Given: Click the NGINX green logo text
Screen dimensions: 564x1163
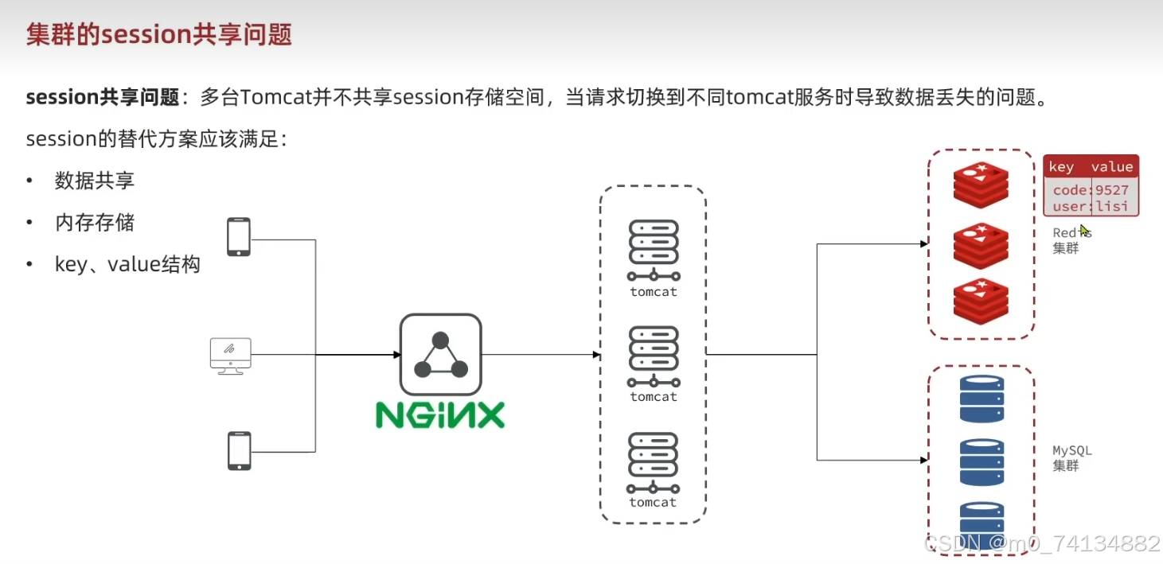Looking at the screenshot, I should coord(440,414).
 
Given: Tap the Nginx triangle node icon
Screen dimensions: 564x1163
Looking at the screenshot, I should coord(440,355).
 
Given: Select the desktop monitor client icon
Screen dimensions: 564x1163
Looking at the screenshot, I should coord(230,355).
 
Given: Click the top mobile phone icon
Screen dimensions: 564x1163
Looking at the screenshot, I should coord(238,237).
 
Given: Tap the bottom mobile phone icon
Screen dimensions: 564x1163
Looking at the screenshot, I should coord(238,451).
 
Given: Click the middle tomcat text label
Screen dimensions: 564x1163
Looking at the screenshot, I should coord(654,397).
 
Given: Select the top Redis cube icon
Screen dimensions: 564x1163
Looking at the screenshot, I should coord(981,184).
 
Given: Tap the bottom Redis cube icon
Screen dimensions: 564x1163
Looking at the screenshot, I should coord(981,301).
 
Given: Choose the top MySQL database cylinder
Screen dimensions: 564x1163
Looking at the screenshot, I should coord(982,399).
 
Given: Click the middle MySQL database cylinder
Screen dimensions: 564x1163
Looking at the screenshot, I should coord(982,462).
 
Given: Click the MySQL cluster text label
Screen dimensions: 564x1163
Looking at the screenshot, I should coord(1071,457).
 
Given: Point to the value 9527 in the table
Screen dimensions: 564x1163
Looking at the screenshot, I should coord(1112,190).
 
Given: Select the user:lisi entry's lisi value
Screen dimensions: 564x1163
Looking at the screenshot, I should coord(1112,207).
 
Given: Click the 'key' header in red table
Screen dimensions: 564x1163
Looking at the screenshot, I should coord(1061,166).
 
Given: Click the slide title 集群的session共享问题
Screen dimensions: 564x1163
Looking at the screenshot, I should coord(159,34).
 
